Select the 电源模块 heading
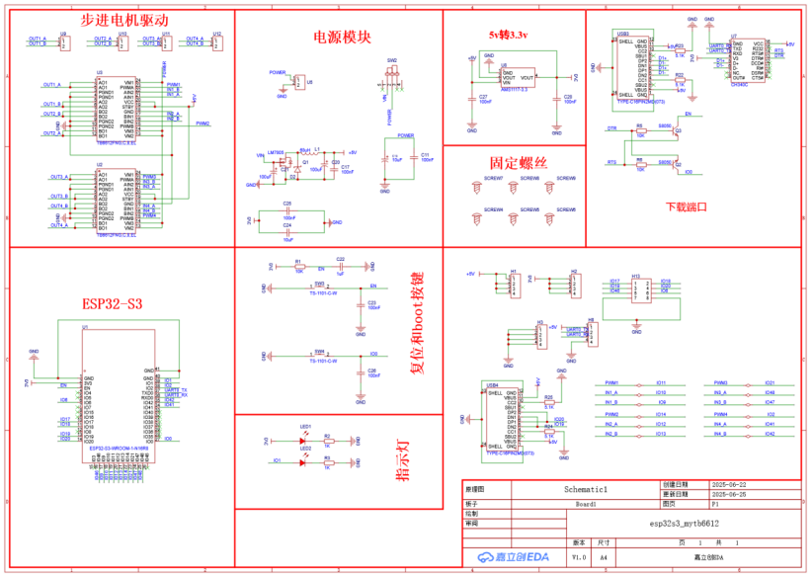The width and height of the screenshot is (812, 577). [x=342, y=37]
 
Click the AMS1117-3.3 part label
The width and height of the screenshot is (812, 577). [x=515, y=89]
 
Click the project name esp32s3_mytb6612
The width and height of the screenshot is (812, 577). [x=684, y=523]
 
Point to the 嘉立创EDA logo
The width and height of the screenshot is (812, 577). [x=513, y=557]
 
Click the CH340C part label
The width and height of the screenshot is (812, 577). [x=739, y=85]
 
